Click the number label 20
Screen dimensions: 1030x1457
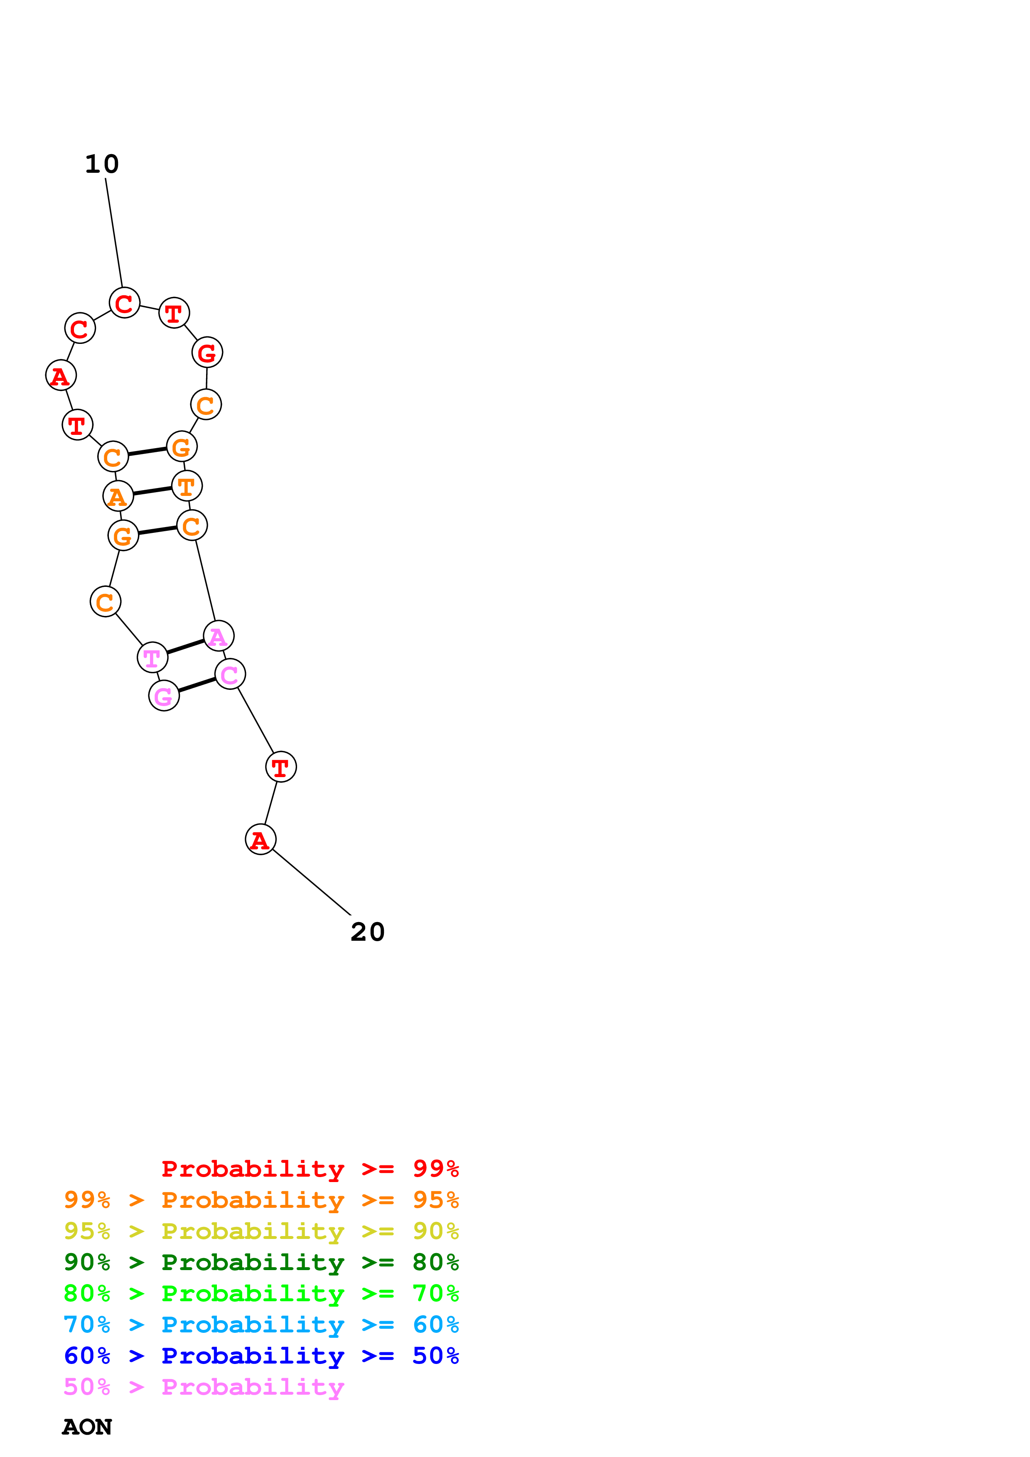click(367, 932)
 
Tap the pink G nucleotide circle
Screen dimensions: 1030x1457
click(164, 696)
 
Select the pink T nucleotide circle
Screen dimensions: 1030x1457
click(152, 657)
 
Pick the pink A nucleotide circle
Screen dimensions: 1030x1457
click(218, 636)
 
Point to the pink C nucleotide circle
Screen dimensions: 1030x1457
click(230, 674)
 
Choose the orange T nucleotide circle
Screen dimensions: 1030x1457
click(187, 486)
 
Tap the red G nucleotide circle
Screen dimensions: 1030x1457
click(207, 352)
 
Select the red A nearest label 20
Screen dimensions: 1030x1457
click(260, 839)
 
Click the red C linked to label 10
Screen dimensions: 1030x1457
click(124, 303)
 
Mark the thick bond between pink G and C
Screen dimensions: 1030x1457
click(197, 685)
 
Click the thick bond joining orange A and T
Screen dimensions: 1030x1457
click(152, 491)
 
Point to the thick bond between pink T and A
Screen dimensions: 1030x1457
click(185, 647)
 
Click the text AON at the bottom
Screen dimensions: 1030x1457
click(87, 1427)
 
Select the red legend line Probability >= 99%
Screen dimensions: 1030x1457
click(310, 1169)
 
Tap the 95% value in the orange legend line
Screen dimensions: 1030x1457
click(435, 1200)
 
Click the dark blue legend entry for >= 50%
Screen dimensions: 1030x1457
click(261, 1356)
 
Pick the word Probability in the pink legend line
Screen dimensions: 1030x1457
click(253, 1387)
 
